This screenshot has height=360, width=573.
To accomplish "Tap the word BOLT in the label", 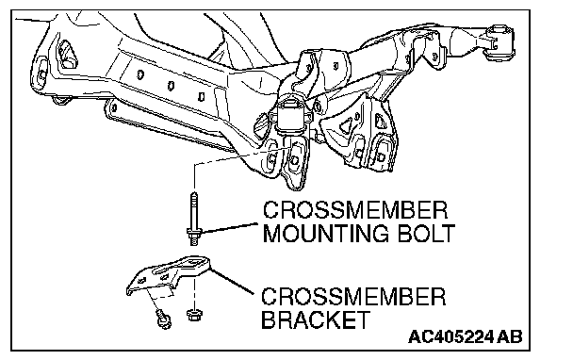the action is pos(426,233).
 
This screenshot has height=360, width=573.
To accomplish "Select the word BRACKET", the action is pos(316,319).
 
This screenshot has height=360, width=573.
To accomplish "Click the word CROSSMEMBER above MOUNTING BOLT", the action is pos(355,210).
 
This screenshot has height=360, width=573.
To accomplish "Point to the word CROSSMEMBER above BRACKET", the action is pos(353,297).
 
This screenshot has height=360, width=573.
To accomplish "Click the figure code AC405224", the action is pos(450,336).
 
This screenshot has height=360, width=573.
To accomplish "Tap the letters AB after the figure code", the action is pos(510,336).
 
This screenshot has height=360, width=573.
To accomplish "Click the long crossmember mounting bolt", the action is pos(194,218).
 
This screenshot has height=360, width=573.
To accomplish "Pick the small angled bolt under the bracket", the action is pos(163,319).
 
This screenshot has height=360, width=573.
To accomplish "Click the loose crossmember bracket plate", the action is pos(170,275).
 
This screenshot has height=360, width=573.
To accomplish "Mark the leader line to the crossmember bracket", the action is pos(232,281).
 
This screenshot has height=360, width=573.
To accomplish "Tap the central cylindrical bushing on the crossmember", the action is pos(292,114).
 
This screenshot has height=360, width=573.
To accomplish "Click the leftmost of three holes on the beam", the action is pos(140,75).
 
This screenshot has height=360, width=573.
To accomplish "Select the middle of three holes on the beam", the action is pos(171,87).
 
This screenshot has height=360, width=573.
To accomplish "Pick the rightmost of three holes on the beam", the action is pos(201,97).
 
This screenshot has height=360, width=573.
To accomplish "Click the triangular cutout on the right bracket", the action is pos(346,126).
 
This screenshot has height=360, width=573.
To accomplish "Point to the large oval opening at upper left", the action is pos(68,55).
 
